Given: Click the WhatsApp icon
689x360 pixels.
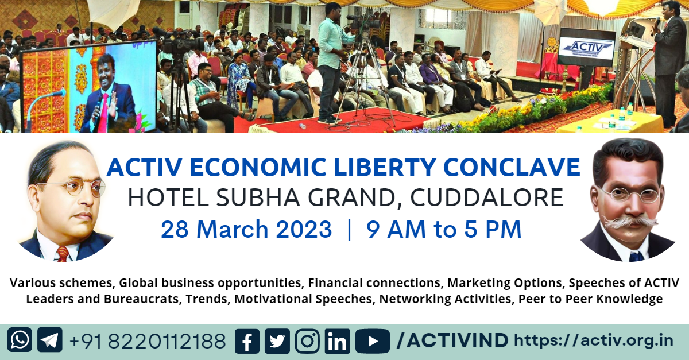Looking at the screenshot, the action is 20,340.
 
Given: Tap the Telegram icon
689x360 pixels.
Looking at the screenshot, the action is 50,340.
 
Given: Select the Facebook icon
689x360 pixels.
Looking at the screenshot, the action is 247,341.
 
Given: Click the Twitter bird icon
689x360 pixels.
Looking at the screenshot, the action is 277,341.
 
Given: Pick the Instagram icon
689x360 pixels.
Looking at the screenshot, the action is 307,341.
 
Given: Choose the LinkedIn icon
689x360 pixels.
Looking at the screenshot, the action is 337,341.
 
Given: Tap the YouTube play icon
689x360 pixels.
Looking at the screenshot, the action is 373,341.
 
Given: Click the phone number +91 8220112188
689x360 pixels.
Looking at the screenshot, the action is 148,341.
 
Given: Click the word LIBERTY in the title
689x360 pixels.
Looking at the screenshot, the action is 385,167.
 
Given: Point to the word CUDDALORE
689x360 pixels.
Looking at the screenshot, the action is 487,198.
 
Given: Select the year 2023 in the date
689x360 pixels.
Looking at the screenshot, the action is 304,229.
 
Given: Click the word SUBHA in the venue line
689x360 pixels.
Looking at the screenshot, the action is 258,198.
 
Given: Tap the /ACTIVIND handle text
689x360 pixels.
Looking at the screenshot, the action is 452,340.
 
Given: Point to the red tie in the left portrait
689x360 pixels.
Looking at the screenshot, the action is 63,254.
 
